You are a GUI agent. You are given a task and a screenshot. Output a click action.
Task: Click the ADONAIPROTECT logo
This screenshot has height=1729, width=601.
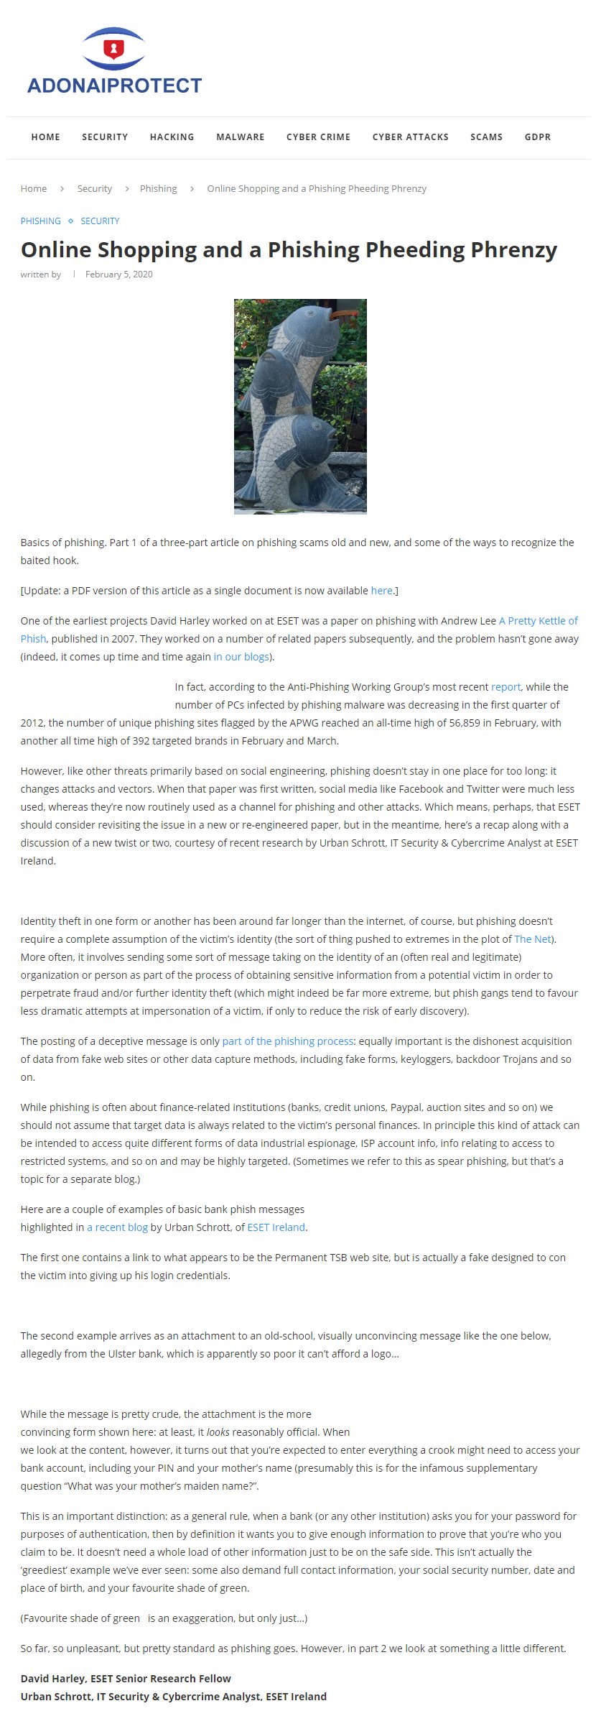point(114,63)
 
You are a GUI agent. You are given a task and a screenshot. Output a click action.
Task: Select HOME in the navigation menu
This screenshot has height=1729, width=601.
point(45,137)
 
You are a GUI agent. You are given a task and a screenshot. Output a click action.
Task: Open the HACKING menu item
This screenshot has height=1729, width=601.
point(172,137)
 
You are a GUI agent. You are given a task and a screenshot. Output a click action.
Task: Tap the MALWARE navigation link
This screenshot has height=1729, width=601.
point(240,137)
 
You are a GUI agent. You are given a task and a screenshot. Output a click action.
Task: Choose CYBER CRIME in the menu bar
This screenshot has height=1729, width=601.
point(318,137)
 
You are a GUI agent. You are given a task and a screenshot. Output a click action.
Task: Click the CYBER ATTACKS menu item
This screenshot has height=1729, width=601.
point(410,137)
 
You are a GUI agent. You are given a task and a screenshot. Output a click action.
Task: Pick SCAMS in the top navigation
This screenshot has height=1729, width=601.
point(486,137)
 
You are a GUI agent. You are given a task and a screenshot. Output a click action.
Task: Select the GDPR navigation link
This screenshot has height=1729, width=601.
point(537,137)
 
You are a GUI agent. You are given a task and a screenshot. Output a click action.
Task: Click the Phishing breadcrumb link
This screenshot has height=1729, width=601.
point(158,188)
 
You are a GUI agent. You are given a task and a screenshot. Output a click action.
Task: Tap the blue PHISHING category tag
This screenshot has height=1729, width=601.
point(40,221)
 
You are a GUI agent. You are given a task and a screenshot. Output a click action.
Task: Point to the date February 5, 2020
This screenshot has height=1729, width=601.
point(118,275)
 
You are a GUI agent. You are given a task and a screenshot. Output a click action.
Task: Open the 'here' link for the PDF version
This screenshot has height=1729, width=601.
point(381,591)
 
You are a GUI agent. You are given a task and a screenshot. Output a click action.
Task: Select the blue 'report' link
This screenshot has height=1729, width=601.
point(506,687)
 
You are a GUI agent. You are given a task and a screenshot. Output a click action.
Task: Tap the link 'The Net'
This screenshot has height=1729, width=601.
point(532,939)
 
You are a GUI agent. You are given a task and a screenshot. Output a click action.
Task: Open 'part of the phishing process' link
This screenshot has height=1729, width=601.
point(287,1041)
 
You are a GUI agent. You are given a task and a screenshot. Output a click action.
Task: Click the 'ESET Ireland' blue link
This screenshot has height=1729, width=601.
point(276,1227)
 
